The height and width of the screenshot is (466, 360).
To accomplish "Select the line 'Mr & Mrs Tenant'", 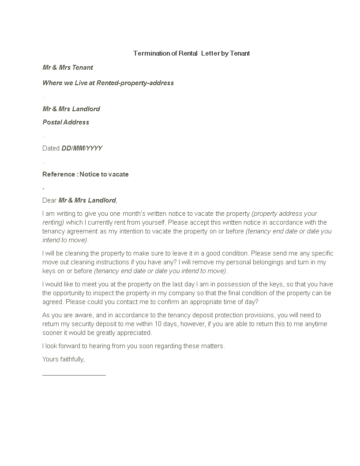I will click(x=67, y=68).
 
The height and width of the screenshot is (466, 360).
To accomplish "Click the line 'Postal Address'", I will click(x=66, y=122).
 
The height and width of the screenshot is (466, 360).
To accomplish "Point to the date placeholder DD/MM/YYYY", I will click(x=82, y=148).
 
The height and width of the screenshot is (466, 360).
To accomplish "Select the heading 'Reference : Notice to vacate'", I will click(x=86, y=174).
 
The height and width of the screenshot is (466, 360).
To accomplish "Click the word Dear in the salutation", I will click(x=49, y=200).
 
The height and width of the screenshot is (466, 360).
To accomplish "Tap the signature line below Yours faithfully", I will click(x=74, y=375).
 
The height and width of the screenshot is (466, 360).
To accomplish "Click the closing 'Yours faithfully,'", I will click(x=64, y=359).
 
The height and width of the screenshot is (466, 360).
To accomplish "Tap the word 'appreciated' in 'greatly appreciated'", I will click(x=135, y=333).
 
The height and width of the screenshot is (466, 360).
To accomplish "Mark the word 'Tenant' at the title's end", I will click(x=240, y=53).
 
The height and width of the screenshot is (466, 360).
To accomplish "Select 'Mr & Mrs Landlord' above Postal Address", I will click(x=71, y=109).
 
